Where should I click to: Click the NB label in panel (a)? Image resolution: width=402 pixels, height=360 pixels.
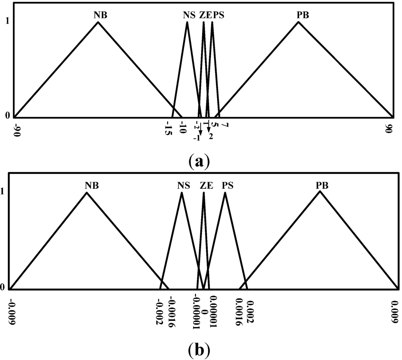click(x=100, y=15)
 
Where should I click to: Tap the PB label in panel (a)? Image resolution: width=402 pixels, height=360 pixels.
click(x=303, y=15)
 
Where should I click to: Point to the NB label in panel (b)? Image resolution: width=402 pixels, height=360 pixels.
click(x=91, y=185)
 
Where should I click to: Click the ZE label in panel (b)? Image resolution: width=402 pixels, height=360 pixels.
click(x=206, y=185)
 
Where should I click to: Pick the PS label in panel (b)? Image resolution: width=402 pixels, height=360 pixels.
click(x=227, y=185)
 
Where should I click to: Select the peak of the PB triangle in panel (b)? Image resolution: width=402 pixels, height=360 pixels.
click(x=320, y=191)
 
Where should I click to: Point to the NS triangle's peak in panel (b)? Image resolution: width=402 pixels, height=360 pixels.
click(x=181, y=192)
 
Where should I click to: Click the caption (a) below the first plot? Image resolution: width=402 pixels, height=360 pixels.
click(x=200, y=161)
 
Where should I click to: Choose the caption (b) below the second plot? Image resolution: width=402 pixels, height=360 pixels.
click(x=200, y=348)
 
